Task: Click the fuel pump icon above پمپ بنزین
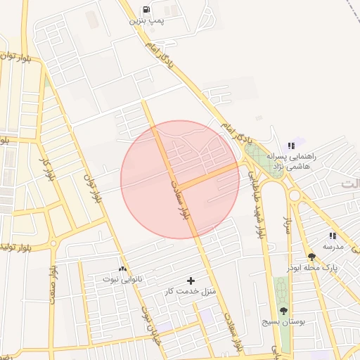146,10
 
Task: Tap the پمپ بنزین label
146,21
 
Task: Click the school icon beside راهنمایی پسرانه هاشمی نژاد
292,146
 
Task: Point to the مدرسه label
333,247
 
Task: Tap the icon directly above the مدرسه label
333,236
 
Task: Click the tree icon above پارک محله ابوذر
312,257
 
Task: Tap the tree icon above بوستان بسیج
283,310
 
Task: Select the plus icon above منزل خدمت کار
191,281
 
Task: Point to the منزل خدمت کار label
190,291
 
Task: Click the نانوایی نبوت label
123,279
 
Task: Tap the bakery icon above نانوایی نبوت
123,269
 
